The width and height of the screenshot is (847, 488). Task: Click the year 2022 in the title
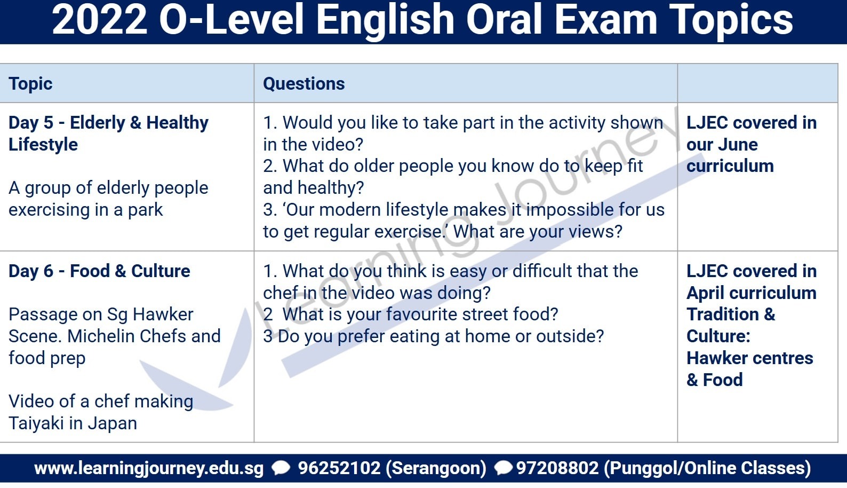[99, 20]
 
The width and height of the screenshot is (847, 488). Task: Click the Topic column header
[30, 84]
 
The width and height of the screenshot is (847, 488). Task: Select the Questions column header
[303, 84]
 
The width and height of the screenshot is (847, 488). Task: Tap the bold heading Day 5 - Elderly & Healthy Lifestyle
[108, 133]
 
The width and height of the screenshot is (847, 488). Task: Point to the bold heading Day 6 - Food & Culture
[99, 271]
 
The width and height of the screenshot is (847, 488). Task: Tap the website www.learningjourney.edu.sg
[149, 468]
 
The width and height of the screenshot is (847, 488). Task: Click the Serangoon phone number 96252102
[339, 468]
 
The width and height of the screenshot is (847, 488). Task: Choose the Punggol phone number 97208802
[557, 468]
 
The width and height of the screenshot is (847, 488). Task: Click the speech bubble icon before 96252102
[281, 468]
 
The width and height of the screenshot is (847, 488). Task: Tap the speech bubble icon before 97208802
[504, 468]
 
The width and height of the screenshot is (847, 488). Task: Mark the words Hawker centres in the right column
[749, 358]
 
